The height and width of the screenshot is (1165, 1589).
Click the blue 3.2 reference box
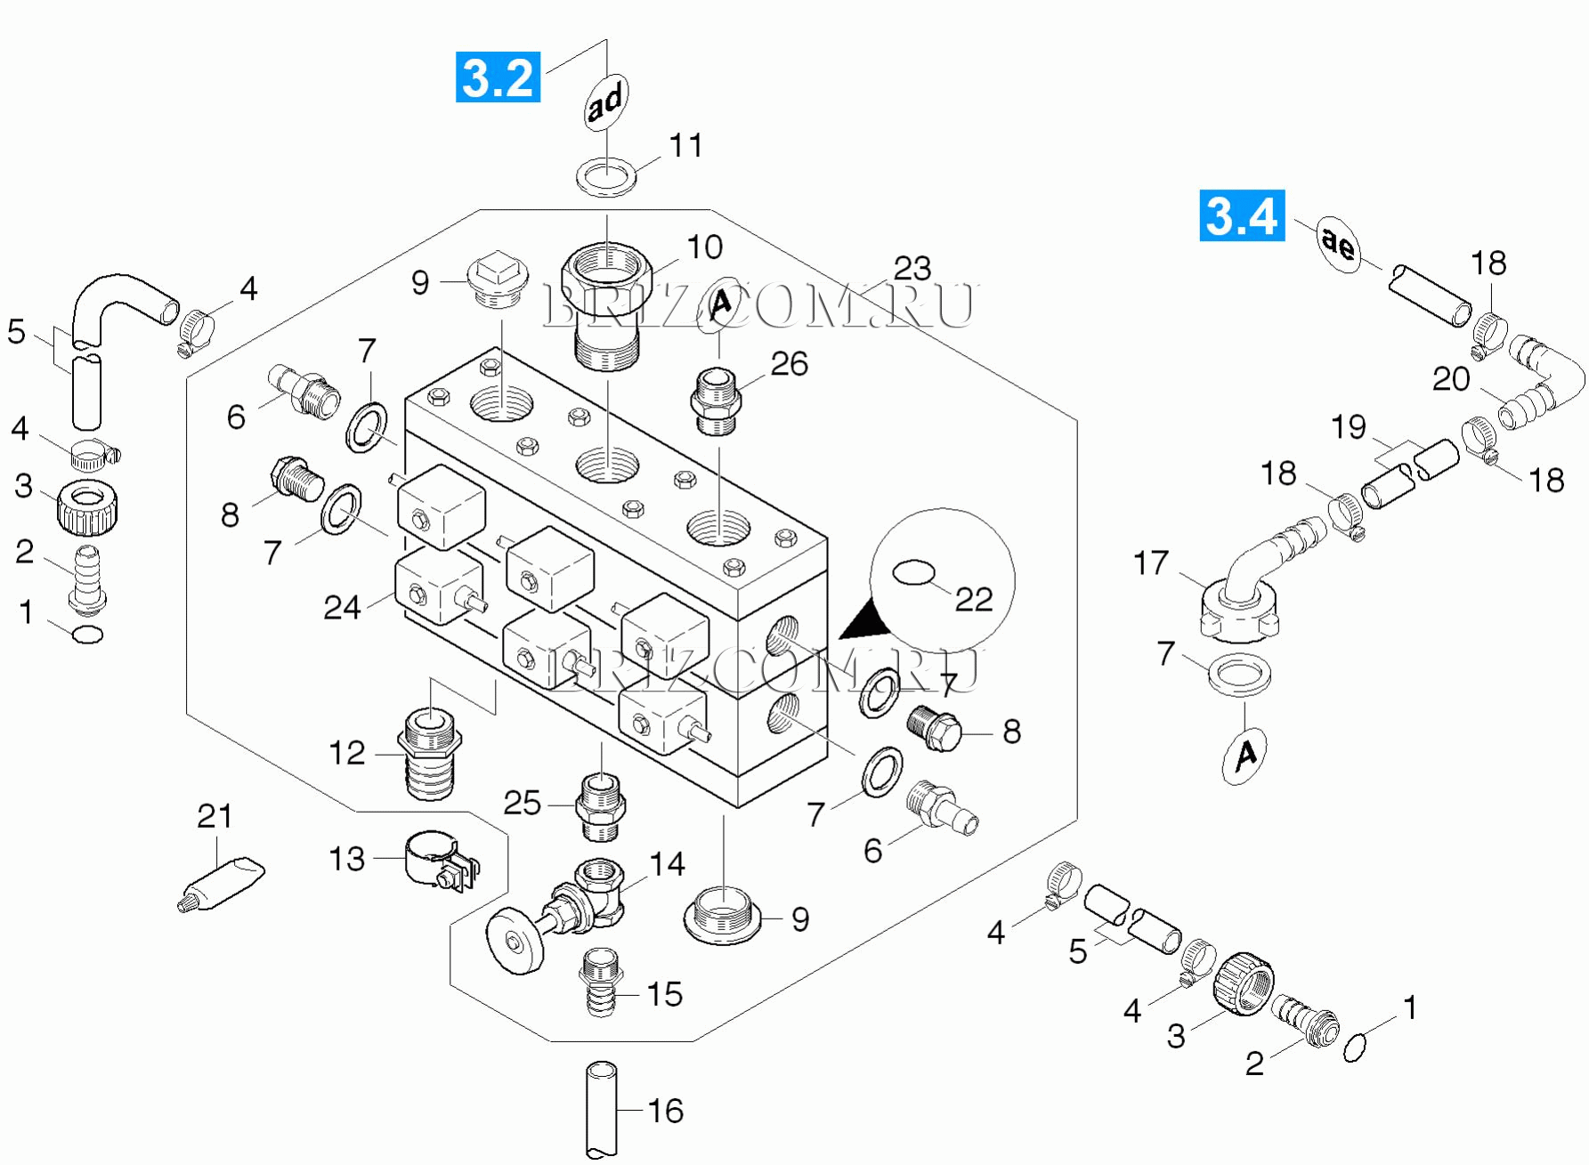pyautogui.click(x=498, y=77)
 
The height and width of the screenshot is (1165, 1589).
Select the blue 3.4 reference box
pyautogui.click(x=1242, y=215)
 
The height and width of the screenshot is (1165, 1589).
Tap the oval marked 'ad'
pyautogui.click(x=606, y=101)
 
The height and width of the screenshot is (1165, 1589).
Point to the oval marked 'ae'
pyautogui.click(x=1338, y=242)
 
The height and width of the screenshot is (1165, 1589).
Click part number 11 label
pyautogui.click(x=685, y=145)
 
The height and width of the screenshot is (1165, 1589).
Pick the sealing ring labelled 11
pyautogui.click(x=607, y=175)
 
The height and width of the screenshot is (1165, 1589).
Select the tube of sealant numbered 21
pyautogui.click(x=223, y=883)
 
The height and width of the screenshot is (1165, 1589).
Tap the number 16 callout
pyautogui.click(x=665, y=1111)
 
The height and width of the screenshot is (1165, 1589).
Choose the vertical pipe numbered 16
pyautogui.click(x=602, y=1109)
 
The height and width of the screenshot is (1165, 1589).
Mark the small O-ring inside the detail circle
pyautogui.click(x=913, y=572)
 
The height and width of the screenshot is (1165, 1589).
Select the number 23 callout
pyautogui.click(x=912, y=268)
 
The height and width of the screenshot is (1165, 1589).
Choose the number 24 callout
pyautogui.click(x=342, y=607)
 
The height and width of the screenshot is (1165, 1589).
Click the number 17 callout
pyautogui.click(x=1150, y=562)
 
